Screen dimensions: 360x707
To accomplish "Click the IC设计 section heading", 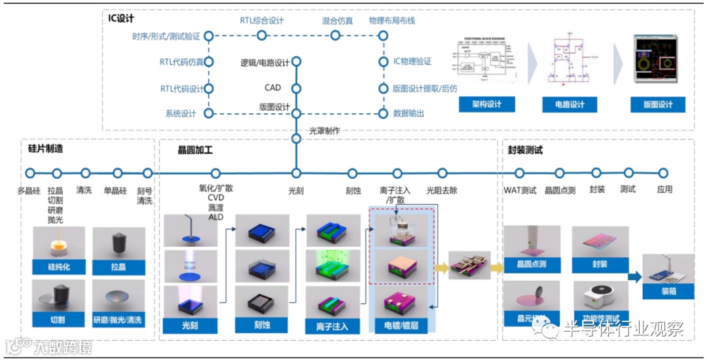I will [x=121, y=18].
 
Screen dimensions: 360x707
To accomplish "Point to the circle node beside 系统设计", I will [x=209, y=113].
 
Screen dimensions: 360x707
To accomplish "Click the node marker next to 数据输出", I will [x=384, y=113].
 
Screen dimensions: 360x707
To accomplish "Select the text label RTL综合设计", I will [x=262, y=20].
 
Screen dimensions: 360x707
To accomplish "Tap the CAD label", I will [x=272, y=88].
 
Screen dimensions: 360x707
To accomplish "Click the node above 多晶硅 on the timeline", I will [x=29, y=173].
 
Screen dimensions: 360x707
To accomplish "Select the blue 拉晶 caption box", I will [x=118, y=267].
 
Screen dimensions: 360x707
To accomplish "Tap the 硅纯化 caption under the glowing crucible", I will [x=58, y=267].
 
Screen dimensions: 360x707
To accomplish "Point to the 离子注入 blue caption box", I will [x=332, y=325].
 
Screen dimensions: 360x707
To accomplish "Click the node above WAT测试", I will [x=520, y=173].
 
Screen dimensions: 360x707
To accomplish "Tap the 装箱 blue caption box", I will [x=668, y=291].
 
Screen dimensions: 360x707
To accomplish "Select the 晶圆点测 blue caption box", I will [x=532, y=264].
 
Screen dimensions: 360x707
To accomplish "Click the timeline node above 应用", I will [x=663, y=173].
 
